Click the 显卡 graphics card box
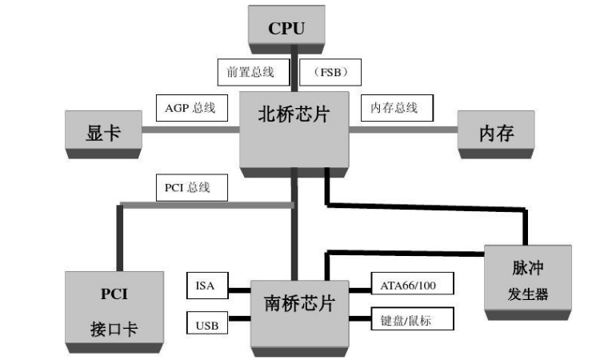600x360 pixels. pyautogui.click(x=103, y=133)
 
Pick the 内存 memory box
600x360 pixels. pyautogui.click(x=495, y=133)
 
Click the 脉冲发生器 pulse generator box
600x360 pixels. pyautogui.click(x=528, y=278)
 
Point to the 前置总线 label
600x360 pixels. pyautogui.click(x=246, y=72)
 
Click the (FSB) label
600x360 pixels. pyautogui.click(x=330, y=72)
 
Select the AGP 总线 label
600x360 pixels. pyautogui.click(x=190, y=106)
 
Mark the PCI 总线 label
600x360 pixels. pyautogui.click(x=191, y=188)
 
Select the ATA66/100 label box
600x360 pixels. pyautogui.click(x=414, y=283)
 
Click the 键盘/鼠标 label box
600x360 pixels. pyautogui.click(x=414, y=320)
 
